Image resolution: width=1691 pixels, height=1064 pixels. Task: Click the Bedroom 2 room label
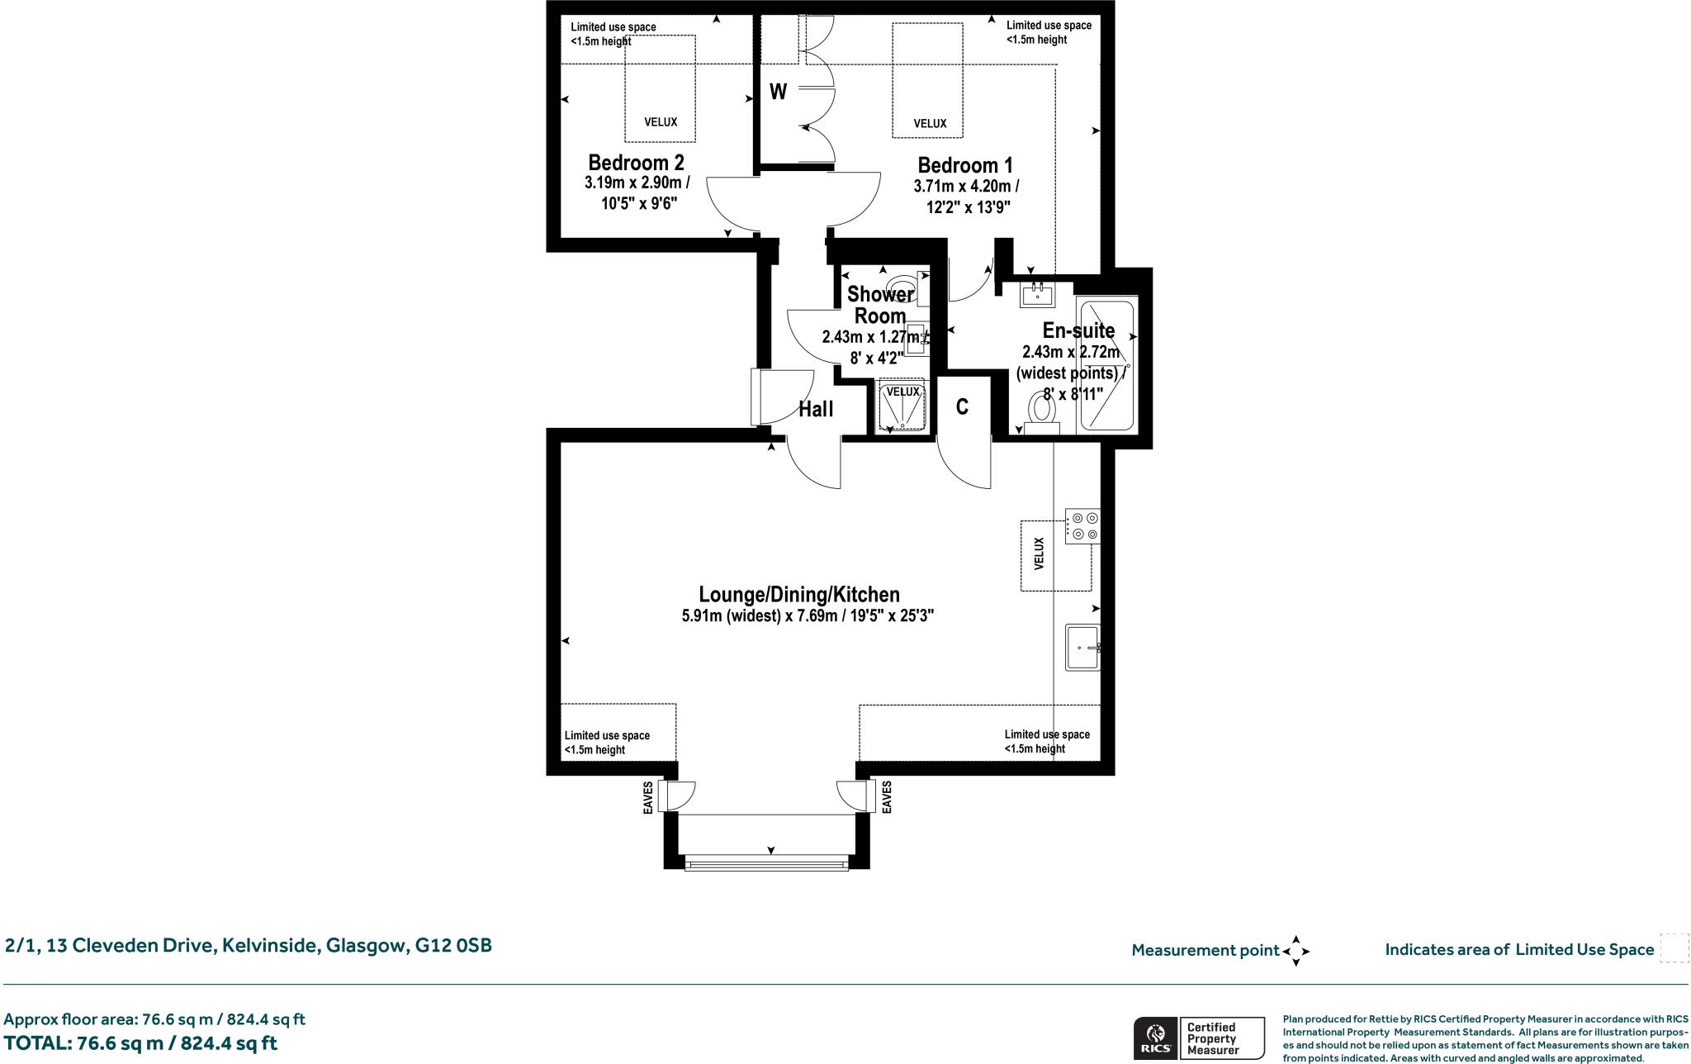pos(636,162)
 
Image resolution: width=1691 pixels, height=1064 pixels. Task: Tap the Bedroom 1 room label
pos(964,165)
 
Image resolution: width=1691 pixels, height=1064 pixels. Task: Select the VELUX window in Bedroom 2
pos(660,88)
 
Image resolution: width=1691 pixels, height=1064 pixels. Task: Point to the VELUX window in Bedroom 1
pos(927,81)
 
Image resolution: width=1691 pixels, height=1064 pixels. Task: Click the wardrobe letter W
pos(778,92)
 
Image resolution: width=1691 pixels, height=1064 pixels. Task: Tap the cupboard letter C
pos(962,407)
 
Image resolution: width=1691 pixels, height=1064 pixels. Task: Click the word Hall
pos(816,410)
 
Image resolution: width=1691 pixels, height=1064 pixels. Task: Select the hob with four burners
pos(1082,526)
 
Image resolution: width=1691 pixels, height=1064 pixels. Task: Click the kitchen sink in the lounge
pos(1082,648)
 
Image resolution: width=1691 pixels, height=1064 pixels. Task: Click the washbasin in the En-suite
pos(1035,294)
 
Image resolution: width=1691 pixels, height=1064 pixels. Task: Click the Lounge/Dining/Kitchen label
pos(798,595)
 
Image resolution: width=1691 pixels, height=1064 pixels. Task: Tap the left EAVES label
pos(648,797)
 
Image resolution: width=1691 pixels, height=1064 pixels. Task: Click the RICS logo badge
pos(1154,1038)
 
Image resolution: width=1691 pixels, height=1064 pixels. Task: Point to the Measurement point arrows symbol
pos(1295,951)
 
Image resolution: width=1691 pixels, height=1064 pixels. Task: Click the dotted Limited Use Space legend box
pos(1674,948)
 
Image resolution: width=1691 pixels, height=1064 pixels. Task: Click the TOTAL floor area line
pos(140,1043)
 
